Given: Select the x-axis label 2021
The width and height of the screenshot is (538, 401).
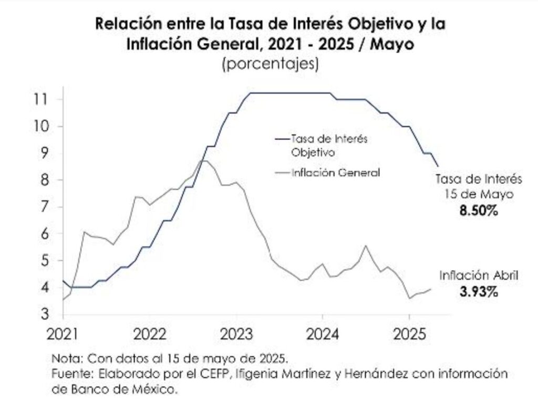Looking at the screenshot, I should tap(63, 334).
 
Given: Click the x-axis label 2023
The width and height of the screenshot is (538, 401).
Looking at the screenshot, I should tap(236, 334).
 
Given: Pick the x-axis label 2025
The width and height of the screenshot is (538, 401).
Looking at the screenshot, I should tap(409, 334).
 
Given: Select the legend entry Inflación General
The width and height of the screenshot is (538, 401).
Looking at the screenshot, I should tap(335, 172).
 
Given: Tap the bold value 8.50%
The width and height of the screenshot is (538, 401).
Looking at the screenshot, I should tap(478, 211).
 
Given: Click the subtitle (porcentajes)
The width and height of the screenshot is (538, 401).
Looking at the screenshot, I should tap(271, 64).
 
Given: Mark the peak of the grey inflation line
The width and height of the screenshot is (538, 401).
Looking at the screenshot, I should tap(205, 160).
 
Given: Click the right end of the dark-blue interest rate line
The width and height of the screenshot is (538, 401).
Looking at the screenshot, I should tap(438, 166).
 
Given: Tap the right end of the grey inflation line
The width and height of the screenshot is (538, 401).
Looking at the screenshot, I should tap(431, 289).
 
